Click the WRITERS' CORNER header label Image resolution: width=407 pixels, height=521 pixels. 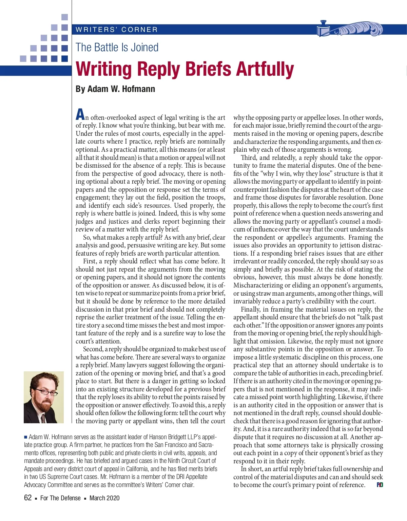117,30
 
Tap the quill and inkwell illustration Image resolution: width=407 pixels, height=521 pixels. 349,29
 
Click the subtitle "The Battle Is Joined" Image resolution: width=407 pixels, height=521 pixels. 117,47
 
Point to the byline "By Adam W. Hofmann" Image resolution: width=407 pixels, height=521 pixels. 115,89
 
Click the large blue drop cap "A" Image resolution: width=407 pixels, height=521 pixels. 80,114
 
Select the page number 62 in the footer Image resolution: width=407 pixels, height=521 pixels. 28,498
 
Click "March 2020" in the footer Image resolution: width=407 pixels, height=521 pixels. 104,498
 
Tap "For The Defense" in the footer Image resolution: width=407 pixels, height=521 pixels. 60,498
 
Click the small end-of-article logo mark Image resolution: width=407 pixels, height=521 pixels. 380,485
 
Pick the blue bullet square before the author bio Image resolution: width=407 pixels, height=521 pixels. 25,437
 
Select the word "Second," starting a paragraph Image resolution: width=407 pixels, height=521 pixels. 93,349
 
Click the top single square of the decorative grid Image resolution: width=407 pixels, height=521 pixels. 64,17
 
